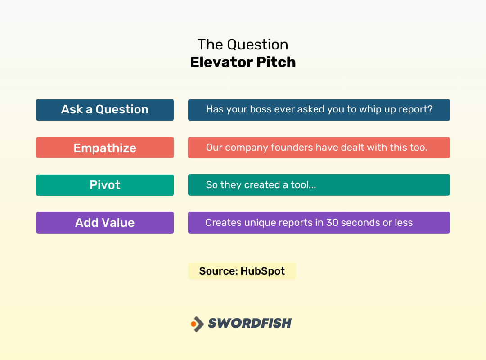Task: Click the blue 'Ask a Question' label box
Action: click(104, 110)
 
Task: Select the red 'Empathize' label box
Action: click(104, 148)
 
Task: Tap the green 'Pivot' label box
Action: click(104, 185)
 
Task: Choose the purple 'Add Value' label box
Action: click(104, 223)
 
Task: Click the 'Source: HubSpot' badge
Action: click(242, 271)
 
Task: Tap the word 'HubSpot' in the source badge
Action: click(262, 271)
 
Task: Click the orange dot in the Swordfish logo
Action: click(193, 324)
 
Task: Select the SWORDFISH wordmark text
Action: click(250, 323)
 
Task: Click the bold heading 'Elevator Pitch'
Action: click(243, 62)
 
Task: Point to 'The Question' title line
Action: click(243, 45)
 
